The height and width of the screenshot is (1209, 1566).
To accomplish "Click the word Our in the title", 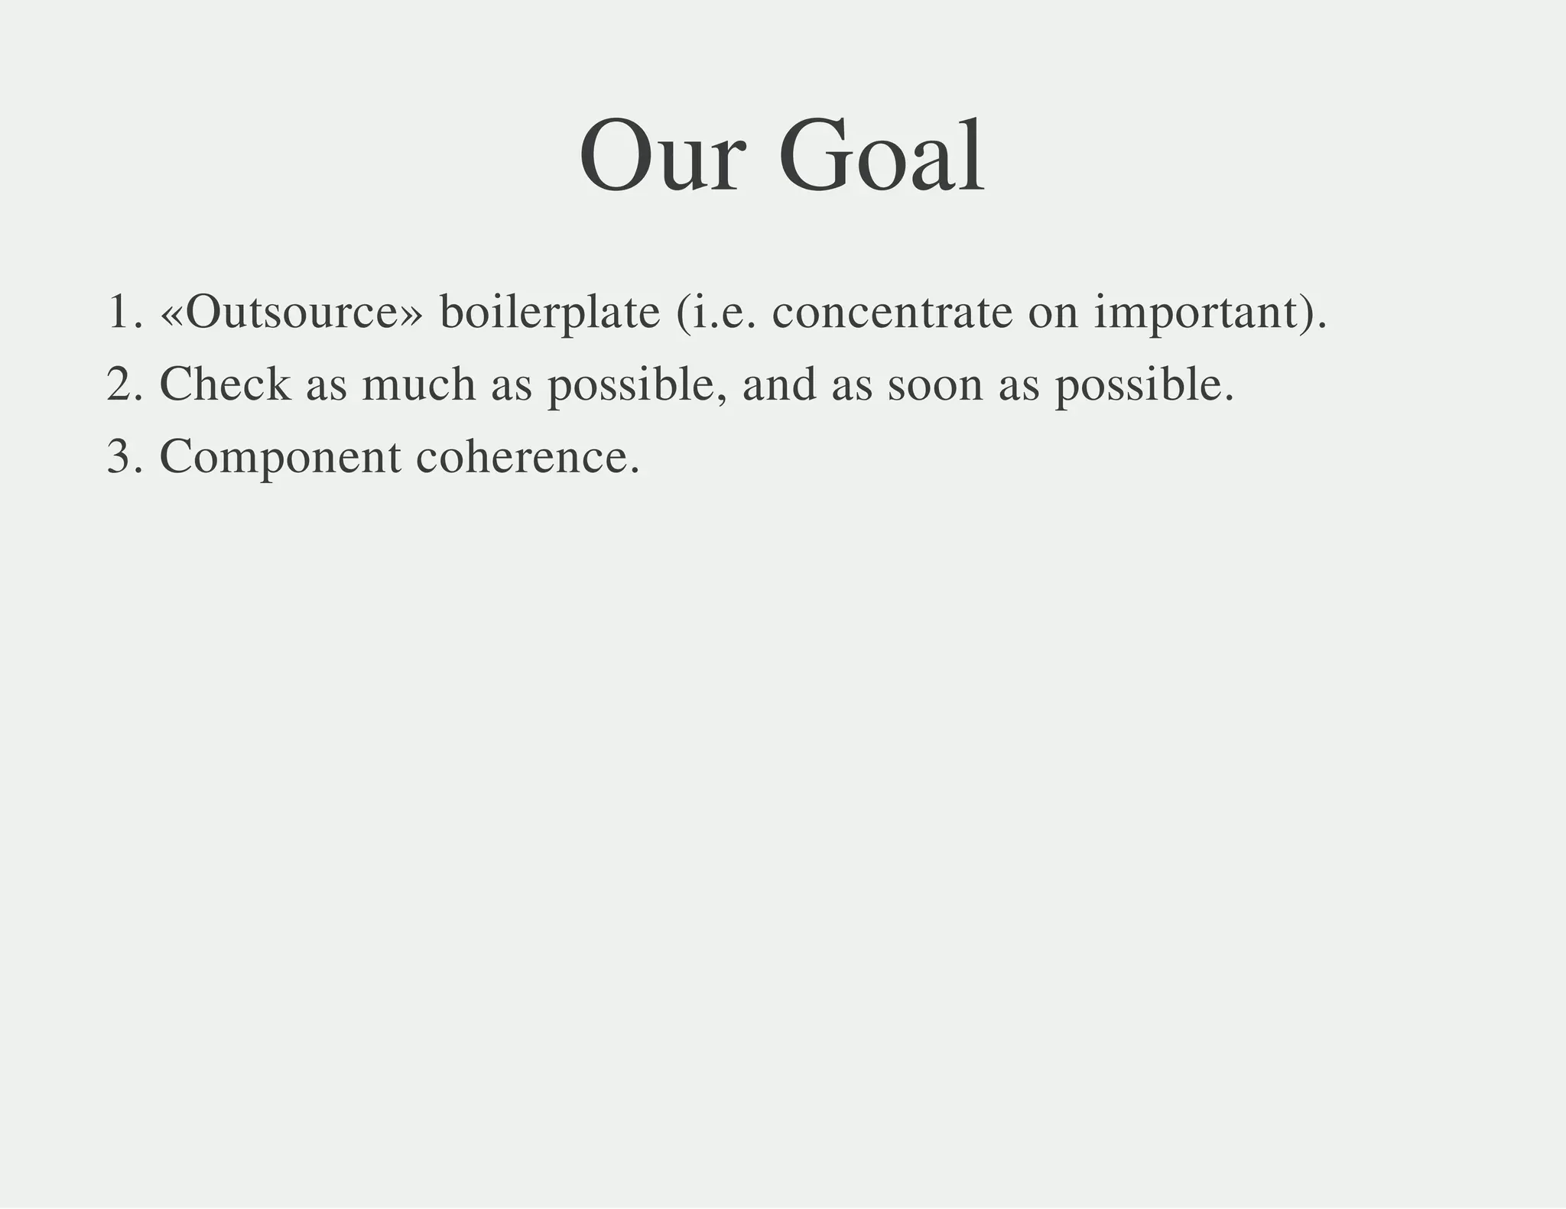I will tap(661, 157).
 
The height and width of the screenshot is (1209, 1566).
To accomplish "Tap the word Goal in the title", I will tap(882, 157).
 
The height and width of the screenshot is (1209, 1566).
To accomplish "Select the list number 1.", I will tap(120, 312).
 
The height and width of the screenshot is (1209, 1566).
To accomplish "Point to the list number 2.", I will tap(120, 384).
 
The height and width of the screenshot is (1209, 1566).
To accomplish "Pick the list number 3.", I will tap(120, 456).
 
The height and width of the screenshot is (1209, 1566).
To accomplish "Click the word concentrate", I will tap(892, 312).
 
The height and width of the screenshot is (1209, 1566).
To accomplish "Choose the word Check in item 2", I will tap(225, 384).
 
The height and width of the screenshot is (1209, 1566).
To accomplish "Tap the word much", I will tap(418, 384).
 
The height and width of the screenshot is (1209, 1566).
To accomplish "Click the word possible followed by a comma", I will tap(635, 385).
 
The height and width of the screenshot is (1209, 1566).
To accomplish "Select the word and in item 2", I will tap(778, 384).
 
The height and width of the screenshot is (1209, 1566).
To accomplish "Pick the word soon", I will tap(934, 385).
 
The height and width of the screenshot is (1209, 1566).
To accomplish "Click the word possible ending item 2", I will tap(1143, 385).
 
